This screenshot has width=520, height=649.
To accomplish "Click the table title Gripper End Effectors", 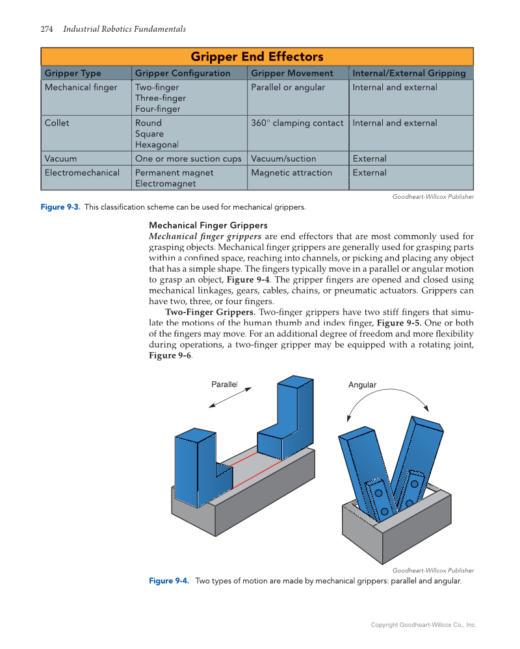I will click(x=257, y=57).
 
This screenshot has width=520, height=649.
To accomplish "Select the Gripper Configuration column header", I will click(x=183, y=73).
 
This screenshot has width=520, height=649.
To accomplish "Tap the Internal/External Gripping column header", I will click(x=409, y=73).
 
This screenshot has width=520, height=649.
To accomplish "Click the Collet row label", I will click(x=57, y=123).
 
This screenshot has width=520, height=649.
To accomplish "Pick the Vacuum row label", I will click(x=60, y=159).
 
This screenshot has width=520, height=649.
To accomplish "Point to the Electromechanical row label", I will click(x=82, y=173).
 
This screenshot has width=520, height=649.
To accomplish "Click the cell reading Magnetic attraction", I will click(x=291, y=173).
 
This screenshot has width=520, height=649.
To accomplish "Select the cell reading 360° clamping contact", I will click(x=297, y=123).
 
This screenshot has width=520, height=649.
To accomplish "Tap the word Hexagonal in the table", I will click(x=157, y=145).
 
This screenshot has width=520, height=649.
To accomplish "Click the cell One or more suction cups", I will click(x=188, y=159).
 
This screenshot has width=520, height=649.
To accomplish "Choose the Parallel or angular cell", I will click(x=288, y=87).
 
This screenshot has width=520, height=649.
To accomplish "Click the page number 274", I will click(x=47, y=29).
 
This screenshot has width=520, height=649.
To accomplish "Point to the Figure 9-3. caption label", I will click(x=60, y=207).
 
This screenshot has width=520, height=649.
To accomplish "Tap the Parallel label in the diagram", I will click(x=224, y=385).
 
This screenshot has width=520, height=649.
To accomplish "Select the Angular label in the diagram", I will click(x=362, y=385).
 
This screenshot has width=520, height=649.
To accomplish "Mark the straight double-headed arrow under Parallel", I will click(x=230, y=398).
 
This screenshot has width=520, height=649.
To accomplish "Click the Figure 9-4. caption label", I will click(x=169, y=581).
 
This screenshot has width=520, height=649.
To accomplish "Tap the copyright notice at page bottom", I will click(x=423, y=625).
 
